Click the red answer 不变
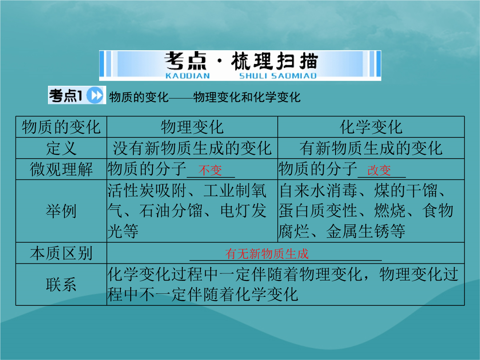click(210, 170)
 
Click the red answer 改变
click(379, 170)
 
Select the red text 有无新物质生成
click(267, 254)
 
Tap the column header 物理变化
click(192, 127)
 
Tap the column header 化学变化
click(371, 127)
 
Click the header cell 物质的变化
click(61, 127)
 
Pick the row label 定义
click(61, 148)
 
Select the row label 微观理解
click(61, 169)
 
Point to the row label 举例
click(61, 211)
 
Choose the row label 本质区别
click(61, 253)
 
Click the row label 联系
click(61, 285)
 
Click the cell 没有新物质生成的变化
click(192, 148)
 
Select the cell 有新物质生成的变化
click(371, 148)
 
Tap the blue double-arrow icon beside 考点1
click(95, 95)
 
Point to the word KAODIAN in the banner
click(188, 76)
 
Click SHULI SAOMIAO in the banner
click(278, 76)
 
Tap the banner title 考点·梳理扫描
click(241, 61)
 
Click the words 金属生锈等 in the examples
click(365, 232)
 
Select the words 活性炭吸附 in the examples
click(147, 191)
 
